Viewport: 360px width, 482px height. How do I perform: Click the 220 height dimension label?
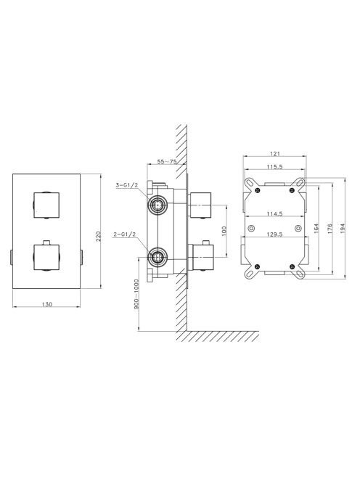(99, 236)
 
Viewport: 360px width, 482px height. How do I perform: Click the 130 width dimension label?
(46, 304)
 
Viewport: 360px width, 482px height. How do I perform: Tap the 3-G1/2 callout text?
(127, 185)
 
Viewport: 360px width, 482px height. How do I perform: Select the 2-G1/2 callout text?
(125, 234)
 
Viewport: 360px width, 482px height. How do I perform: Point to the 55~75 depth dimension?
(167, 162)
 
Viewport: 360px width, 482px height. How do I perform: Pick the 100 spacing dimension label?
(224, 231)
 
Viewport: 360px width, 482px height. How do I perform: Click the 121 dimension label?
(275, 154)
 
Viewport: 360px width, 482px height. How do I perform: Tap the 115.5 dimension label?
(275, 167)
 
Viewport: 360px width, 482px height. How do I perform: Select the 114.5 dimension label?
(275, 214)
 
